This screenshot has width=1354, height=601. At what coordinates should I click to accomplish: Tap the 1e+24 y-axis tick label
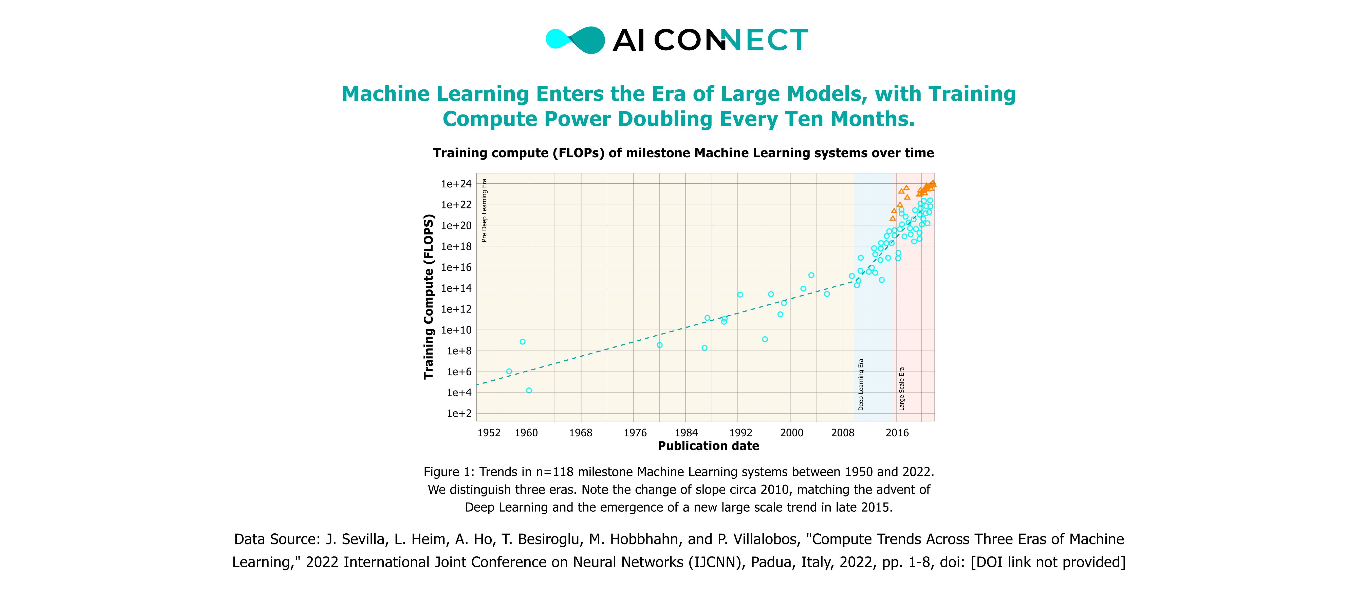[456, 184]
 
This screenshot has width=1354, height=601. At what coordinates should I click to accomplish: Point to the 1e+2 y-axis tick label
[459, 413]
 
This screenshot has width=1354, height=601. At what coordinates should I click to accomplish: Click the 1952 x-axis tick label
[489, 433]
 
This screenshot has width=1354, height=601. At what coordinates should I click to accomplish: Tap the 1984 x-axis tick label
[686, 433]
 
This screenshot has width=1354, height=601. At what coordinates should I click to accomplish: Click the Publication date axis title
[708, 446]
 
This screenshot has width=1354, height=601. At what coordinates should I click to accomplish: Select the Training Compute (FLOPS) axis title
[429, 297]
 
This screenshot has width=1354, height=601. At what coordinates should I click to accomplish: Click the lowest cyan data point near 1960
[529, 390]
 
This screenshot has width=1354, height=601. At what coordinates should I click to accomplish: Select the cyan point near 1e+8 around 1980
[660, 345]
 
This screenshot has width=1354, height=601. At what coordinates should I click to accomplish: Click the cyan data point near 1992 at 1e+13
[740, 295]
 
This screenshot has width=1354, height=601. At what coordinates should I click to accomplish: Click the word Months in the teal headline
[873, 119]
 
